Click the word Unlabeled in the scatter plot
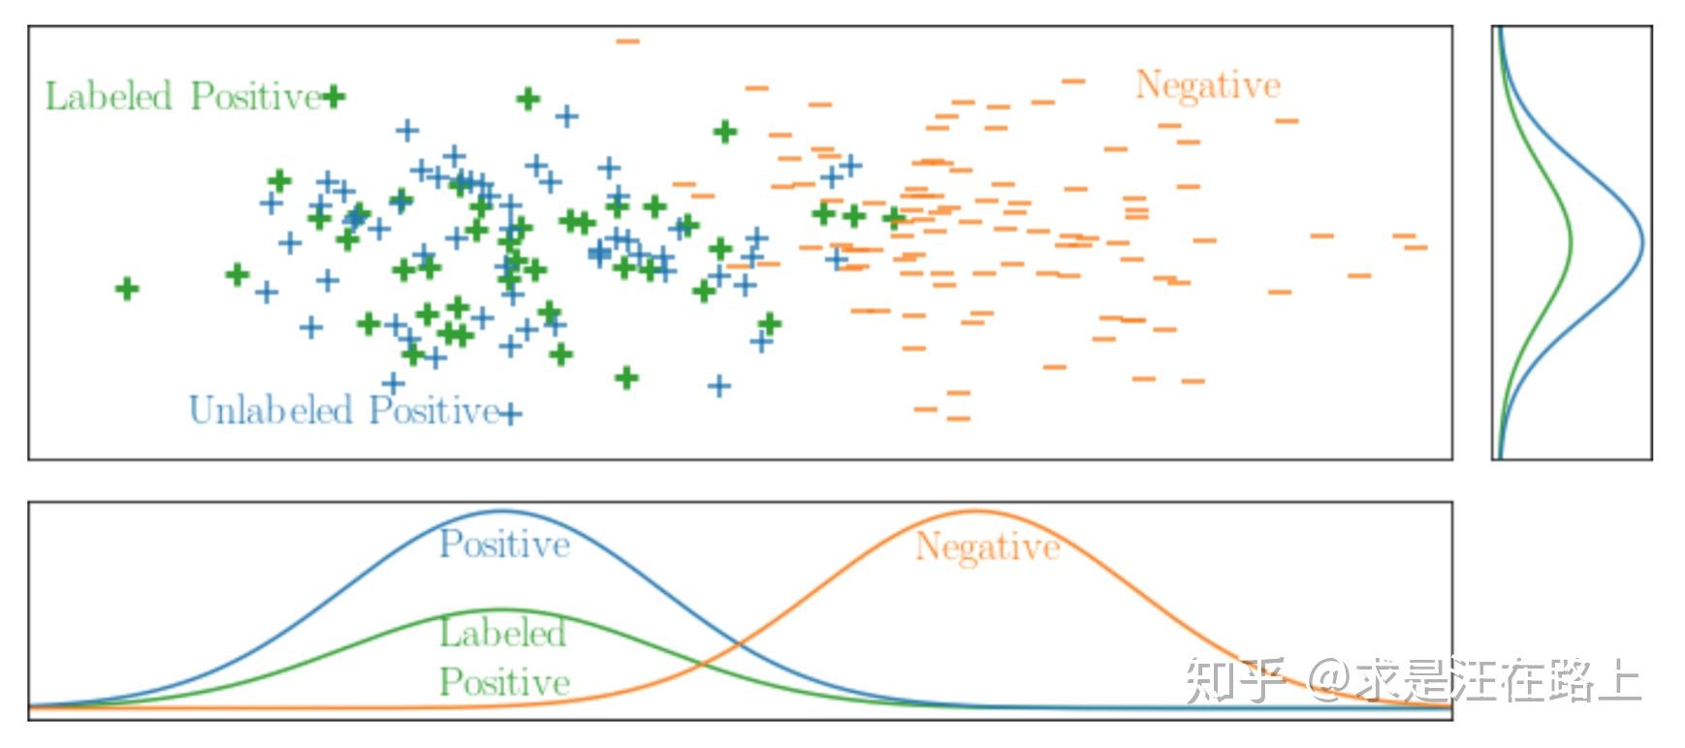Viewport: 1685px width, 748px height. tap(270, 411)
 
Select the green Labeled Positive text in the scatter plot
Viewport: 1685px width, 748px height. tap(183, 97)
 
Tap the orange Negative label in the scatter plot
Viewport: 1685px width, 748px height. tap(1207, 86)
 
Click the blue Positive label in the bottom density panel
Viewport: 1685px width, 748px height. tap(504, 545)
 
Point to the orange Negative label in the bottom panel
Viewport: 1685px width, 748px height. tap(987, 548)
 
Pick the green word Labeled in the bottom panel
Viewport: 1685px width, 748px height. tap(502, 634)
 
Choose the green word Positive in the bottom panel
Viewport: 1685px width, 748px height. tap(504, 682)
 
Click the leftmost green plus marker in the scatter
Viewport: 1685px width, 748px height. tap(127, 289)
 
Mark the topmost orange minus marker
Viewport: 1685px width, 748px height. tap(628, 42)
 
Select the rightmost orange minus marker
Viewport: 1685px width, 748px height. tap(1416, 248)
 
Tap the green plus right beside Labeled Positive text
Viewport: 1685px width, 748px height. tap(334, 97)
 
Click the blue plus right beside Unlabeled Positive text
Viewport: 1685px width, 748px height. tap(511, 414)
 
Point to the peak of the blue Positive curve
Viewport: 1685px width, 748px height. tap(502, 512)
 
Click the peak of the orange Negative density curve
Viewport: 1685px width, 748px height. tap(977, 512)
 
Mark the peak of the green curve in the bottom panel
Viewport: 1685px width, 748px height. tap(502, 610)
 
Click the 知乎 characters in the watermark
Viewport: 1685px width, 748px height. tap(1236, 680)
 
